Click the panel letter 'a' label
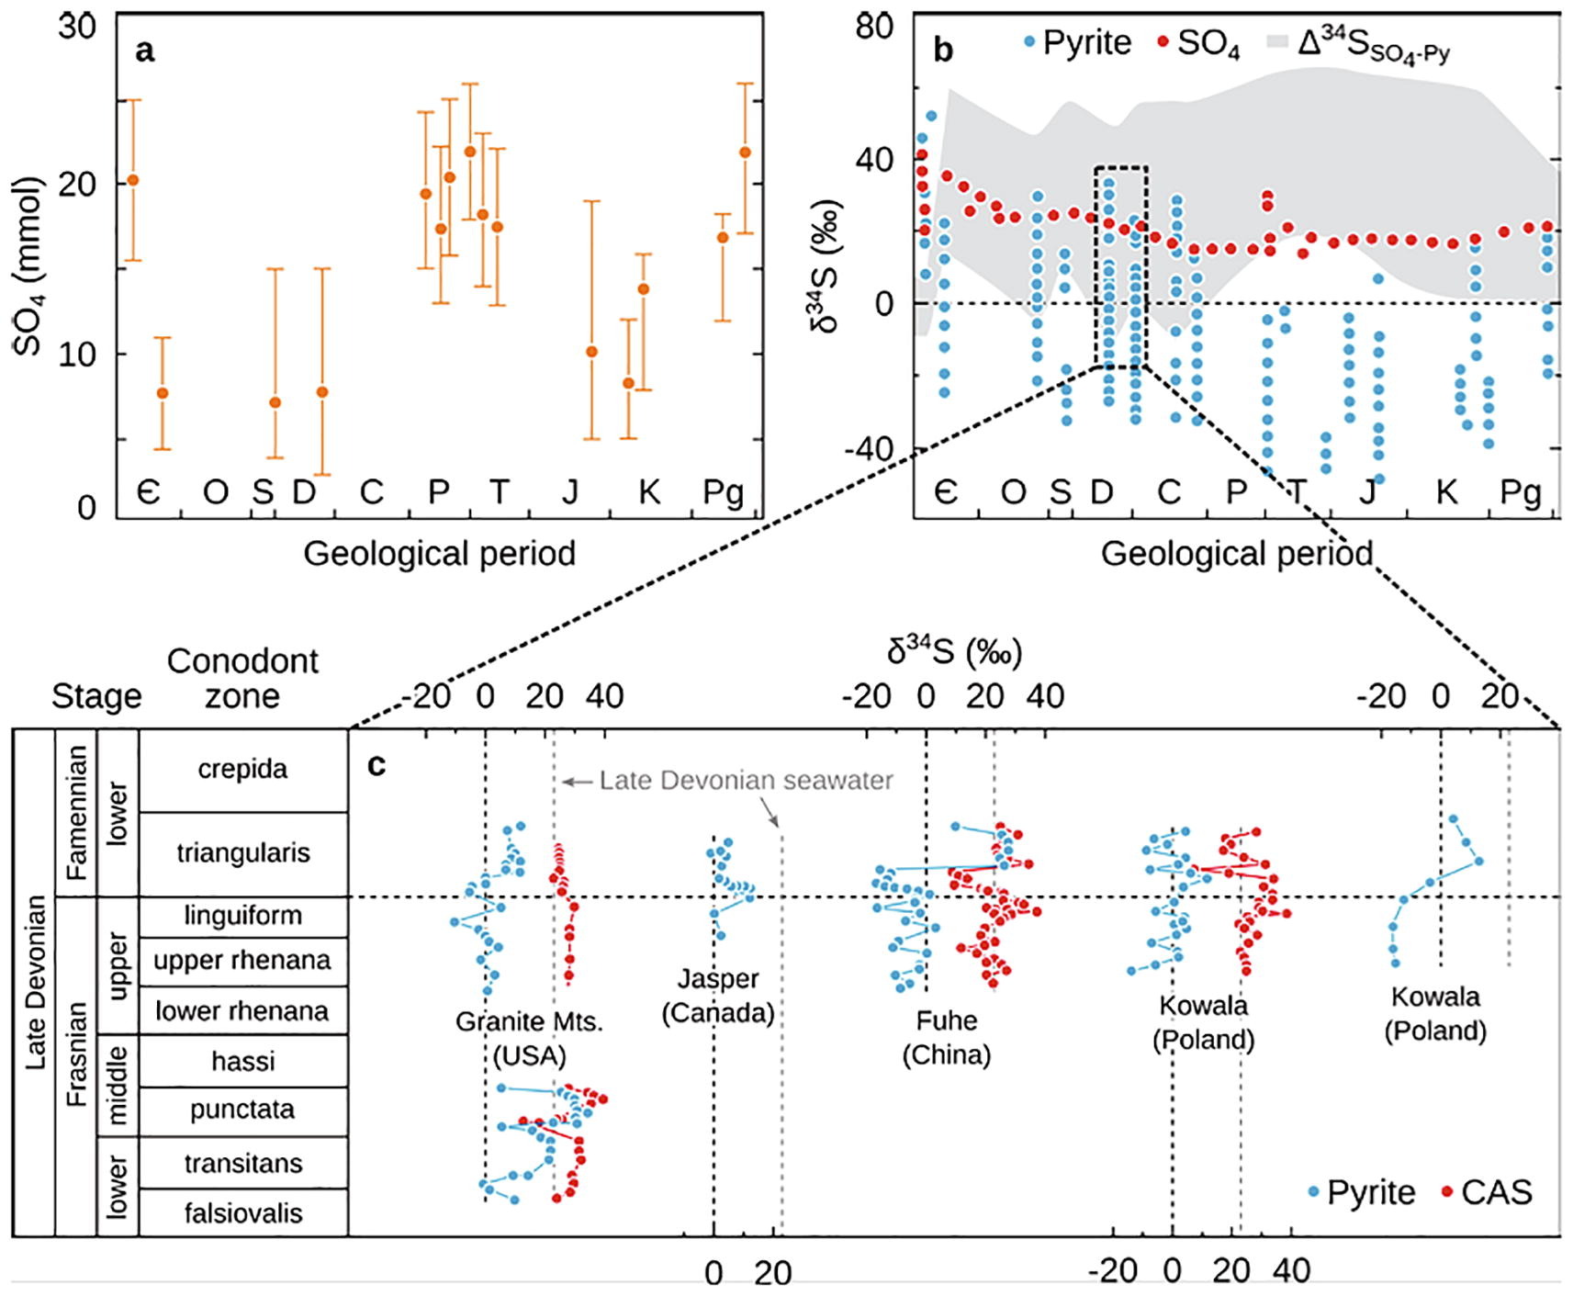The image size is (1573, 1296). pyautogui.click(x=144, y=51)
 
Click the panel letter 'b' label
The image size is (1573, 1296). pyautogui.click(x=943, y=51)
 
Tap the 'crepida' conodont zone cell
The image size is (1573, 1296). pyautogui.click(x=242, y=769)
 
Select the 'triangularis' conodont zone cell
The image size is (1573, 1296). pyautogui.click(x=242, y=852)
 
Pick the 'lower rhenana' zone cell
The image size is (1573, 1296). pyautogui.click(x=242, y=1011)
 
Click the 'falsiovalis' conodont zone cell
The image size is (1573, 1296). pyautogui.click(x=242, y=1213)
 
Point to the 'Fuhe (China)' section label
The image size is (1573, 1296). pyautogui.click(x=946, y=1037)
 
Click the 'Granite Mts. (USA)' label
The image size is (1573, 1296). pyautogui.click(x=529, y=1038)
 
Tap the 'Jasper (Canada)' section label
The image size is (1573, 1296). pyautogui.click(x=718, y=996)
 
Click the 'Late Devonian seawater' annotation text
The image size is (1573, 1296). pyautogui.click(x=746, y=780)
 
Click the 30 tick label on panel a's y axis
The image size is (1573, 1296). pyautogui.click(x=77, y=26)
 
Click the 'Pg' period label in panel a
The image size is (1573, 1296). pyautogui.click(x=723, y=492)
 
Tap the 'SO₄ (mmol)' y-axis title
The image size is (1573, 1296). pyautogui.click(x=29, y=266)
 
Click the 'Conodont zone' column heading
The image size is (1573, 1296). pyautogui.click(x=242, y=678)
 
